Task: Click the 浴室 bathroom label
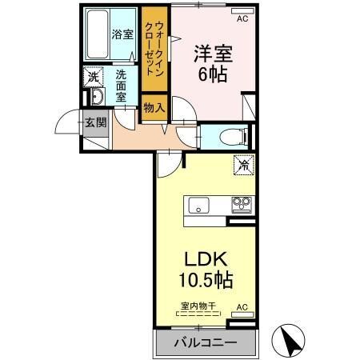click(x=122, y=34)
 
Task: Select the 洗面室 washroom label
click(x=121, y=86)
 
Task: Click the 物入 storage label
click(x=154, y=107)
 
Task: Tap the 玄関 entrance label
click(x=93, y=122)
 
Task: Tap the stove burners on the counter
click(x=242, y=205)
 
